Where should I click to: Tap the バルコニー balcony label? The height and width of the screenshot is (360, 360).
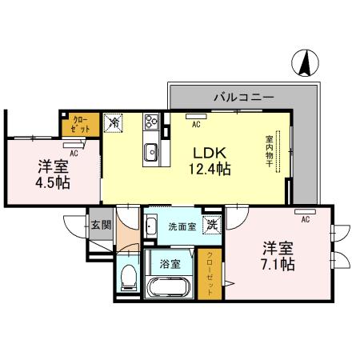click(x=244, y=97)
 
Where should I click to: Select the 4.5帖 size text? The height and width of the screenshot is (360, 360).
click(x=52, y=183)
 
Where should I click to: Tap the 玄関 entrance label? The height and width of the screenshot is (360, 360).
click(x=100, y=225)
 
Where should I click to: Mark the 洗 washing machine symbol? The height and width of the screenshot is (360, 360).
click(x=212, y=226)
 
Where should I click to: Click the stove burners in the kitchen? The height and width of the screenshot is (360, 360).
click(x=150, y=123)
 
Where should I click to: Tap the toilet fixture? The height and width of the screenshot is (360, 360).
click(x=126, y=278)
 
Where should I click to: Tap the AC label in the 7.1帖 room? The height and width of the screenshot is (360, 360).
click(x=306, y=218)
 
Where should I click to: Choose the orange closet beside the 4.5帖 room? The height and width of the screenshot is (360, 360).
click(x=80, y=124)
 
